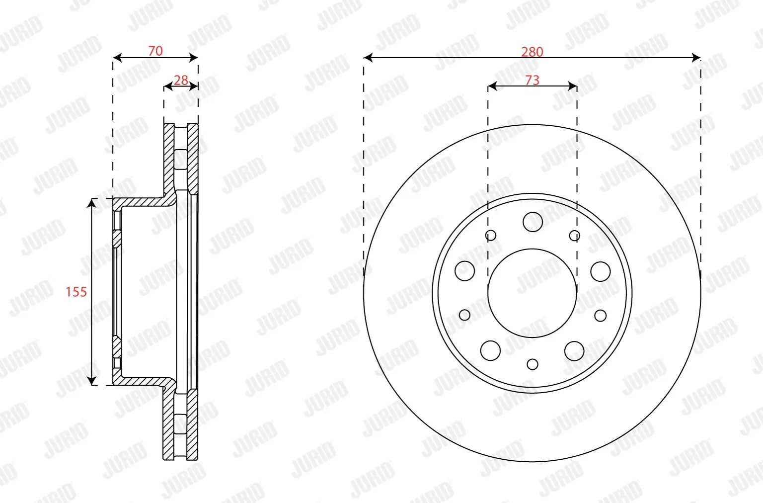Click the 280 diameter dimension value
point(532,52)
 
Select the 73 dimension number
point(532,80)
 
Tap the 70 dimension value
point(155,51)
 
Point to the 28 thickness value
point(181,80)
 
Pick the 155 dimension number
point(76,292)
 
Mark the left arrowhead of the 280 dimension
point(368,58)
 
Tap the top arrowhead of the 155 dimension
point(92,202)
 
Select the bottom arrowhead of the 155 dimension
point(92,381)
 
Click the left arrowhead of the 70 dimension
point(117,58)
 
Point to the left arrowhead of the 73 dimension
point(492,86)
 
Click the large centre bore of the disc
point(532,293)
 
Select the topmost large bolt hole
point(533,222)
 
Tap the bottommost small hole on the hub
point(533,364)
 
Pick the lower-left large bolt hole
point(490,350)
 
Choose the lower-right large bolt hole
point(574,351)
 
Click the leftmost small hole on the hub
point(464,315)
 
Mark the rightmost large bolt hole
point(601,271)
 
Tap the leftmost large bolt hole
point(464,271)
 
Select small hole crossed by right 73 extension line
point(575,235)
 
